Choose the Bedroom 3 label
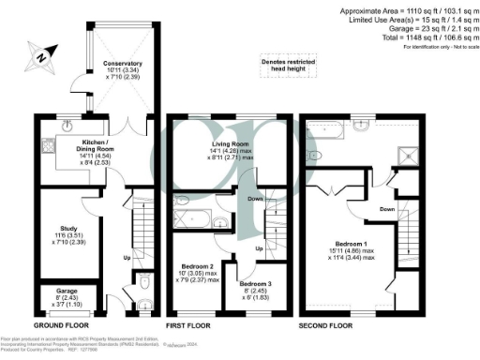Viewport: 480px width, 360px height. (256, 288)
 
